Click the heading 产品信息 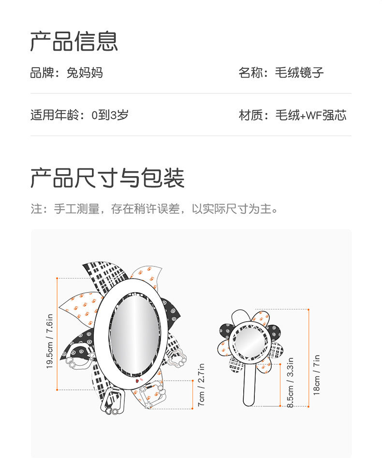(x=74, y=42)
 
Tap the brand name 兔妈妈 (x=85, y=74)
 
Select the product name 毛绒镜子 (x=300, y=74)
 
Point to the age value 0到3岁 (x=110, y=116)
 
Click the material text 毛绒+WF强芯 (x=311, y=116)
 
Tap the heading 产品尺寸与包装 (x=107, y=178)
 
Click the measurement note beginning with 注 (x=155, y=209)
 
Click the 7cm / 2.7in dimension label (x=202, y=384)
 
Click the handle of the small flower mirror (x=249, y=384)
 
